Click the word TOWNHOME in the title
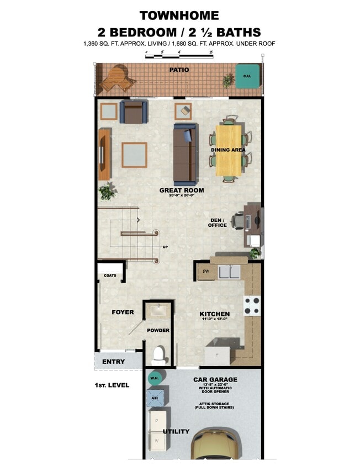179,15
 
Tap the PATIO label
179,70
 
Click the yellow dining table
229,149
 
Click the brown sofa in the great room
184,155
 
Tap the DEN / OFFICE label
218,222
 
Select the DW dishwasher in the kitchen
206,272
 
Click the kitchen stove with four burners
252,305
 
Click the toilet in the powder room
159,354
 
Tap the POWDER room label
158,331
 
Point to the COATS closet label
110,275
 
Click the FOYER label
123,313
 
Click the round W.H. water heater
155,378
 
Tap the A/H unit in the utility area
155,396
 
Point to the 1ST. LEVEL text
112,385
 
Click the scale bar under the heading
179,56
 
